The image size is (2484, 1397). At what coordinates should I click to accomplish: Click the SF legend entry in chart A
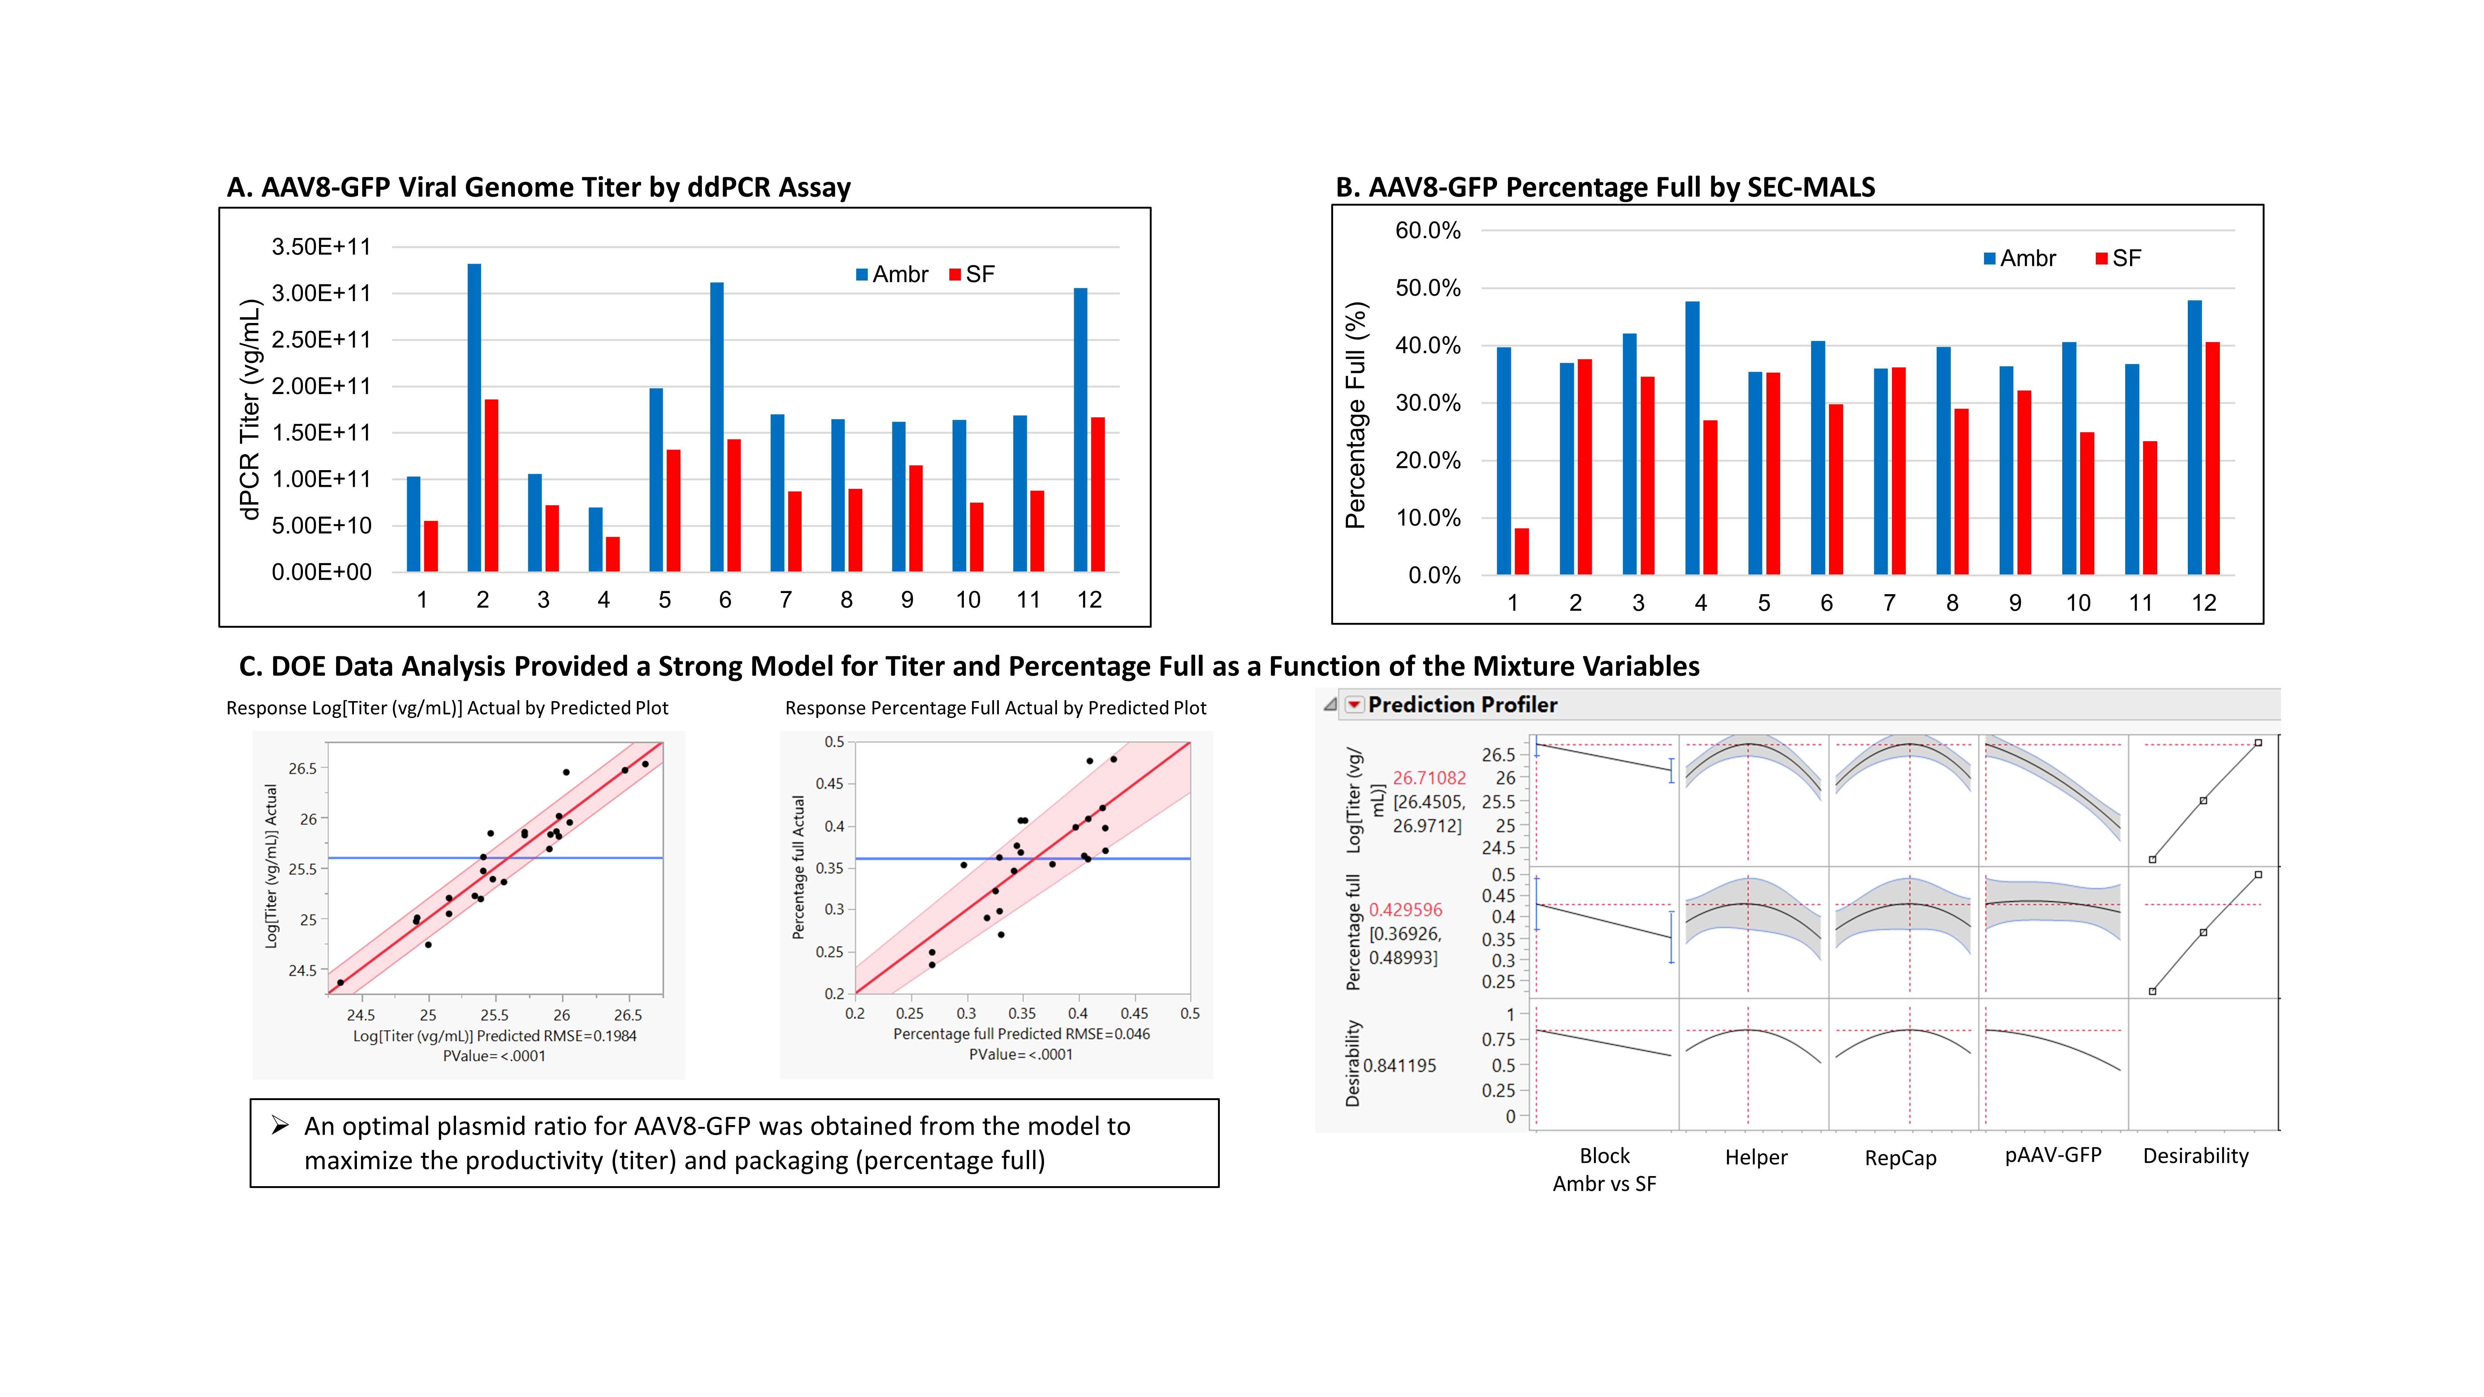click(x=972, y=275)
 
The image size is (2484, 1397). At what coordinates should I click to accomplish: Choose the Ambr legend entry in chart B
click(x=2020, y=259)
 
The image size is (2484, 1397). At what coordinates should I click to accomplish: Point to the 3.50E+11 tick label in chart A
click(x=321, y=247)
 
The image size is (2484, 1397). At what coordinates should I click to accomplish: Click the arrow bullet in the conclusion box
click(x=280, y=1125)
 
